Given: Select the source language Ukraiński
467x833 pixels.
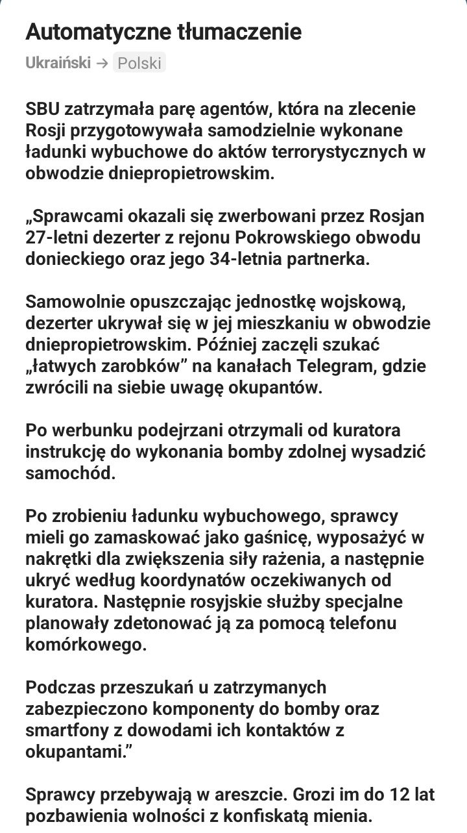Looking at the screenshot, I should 58,63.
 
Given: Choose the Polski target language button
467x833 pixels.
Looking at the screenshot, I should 139,63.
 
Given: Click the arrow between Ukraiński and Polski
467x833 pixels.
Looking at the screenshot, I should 101,63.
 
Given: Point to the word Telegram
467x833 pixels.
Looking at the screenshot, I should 335,366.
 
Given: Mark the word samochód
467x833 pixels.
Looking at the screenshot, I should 70,473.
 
